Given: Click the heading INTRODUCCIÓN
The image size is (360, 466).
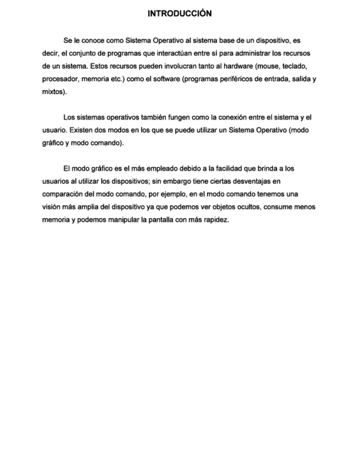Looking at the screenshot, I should click(180, 14).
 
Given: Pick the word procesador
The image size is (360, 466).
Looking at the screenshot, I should click(60, 79).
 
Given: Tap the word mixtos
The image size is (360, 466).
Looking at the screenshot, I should click(53, 92).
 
